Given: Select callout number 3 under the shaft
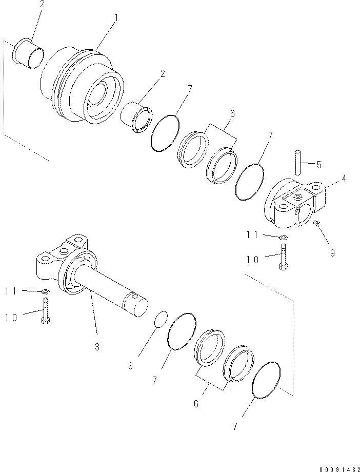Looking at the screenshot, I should pos(97,347).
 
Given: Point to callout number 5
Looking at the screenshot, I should pos(319,165).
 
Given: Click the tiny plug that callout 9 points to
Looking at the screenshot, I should pos(317,222).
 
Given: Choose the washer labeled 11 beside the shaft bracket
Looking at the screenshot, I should pos(46,292).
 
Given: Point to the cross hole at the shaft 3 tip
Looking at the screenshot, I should pos(135,296).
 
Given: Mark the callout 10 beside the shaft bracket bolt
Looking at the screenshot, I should pos(11,318).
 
